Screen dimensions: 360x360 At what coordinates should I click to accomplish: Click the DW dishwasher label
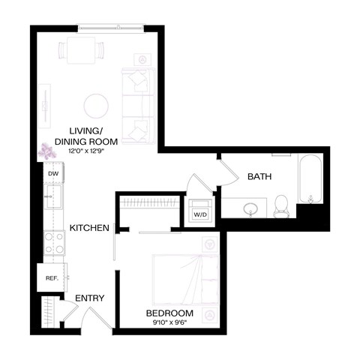coord(52,174)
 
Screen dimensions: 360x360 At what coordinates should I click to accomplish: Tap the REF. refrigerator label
coord(52,277)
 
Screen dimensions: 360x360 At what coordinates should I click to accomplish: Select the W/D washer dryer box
coord(200,214)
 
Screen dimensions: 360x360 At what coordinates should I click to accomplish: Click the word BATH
coord(259,177)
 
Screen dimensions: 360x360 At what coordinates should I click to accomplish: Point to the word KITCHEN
coord(90,228)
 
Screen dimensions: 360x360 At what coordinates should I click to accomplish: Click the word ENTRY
coord(89,298)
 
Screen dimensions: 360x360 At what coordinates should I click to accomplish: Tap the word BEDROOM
coord(170,313)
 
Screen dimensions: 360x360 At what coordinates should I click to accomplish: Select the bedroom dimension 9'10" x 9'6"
coord(170,323)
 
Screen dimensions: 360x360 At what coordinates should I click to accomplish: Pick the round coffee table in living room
coord(97,105)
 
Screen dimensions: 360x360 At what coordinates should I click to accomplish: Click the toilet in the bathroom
coord(281,204)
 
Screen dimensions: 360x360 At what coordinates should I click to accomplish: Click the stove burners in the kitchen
coord(53,242)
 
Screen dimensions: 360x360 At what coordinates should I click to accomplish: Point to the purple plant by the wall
coord(47,151)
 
